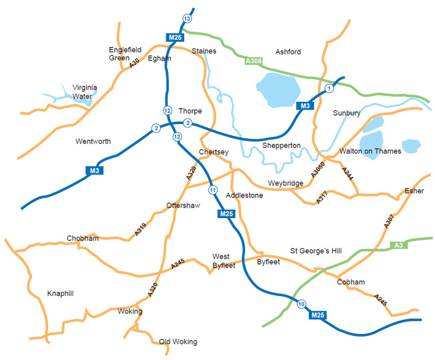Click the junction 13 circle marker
(x=187, y=19)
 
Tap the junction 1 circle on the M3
(x=329, y=89)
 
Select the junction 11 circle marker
(x=212, y=191)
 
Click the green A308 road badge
(x=254, y=61)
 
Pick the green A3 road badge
(x=398, y=245)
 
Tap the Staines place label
(x=203, y=51)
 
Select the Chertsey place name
(x=213, y=152)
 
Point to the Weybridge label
(x=286, y=184)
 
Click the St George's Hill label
(x=316, y=250)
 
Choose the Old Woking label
(x=178, y=342)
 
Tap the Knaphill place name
(x=60, y=294)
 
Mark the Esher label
(x=414, y=191)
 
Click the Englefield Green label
(x=119, y=54)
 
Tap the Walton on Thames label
(x=370, y=151)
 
